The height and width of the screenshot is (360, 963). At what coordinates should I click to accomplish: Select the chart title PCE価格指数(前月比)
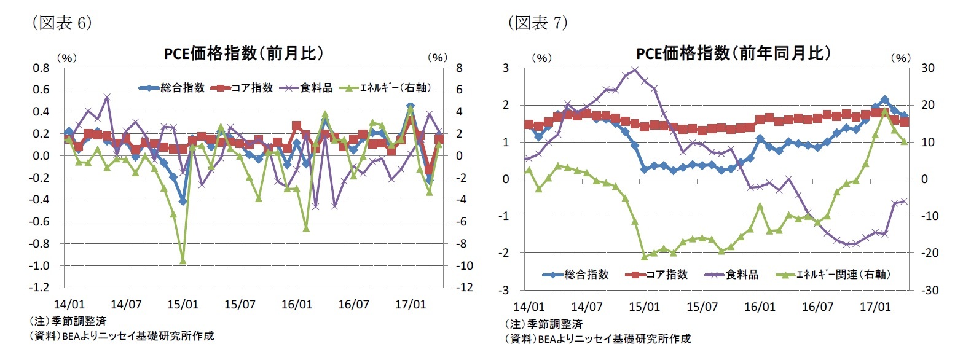(x=243, y=54)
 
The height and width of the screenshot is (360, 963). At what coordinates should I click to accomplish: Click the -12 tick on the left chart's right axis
(x=463, y=288)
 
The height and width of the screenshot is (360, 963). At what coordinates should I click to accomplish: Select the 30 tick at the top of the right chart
(x=921, y=68)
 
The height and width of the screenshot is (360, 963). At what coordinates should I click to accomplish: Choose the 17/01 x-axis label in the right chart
(x=875, y=305)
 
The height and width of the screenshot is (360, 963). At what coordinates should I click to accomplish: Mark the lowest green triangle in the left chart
(x=183, y=260)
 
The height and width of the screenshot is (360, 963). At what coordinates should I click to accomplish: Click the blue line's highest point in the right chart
(x=885, y=100)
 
